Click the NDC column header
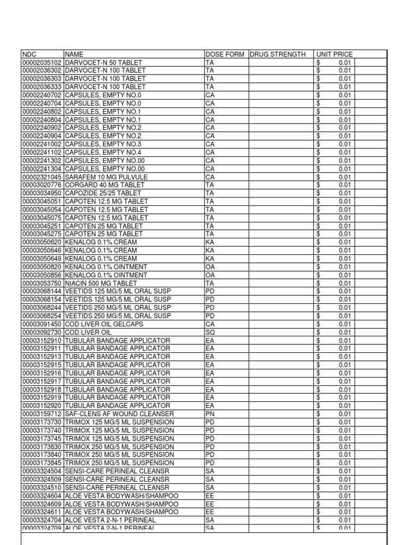tap(28, 54)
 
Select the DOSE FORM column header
tap(225, 54)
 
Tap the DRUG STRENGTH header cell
tap(277, 54)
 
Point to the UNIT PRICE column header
tap(334, 54)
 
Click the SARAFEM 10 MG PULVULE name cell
tap(106, 177)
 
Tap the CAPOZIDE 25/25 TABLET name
tap(103, 193)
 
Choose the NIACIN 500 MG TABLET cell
tap(101, 283)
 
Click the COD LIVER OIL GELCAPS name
tap(105, 324)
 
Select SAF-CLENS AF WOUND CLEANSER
tap(119, 414)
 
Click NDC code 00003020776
tap(42, 185)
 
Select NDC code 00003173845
tap(42, 463)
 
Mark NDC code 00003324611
tap(42, 512)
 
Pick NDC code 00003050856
tap(42, 275)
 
